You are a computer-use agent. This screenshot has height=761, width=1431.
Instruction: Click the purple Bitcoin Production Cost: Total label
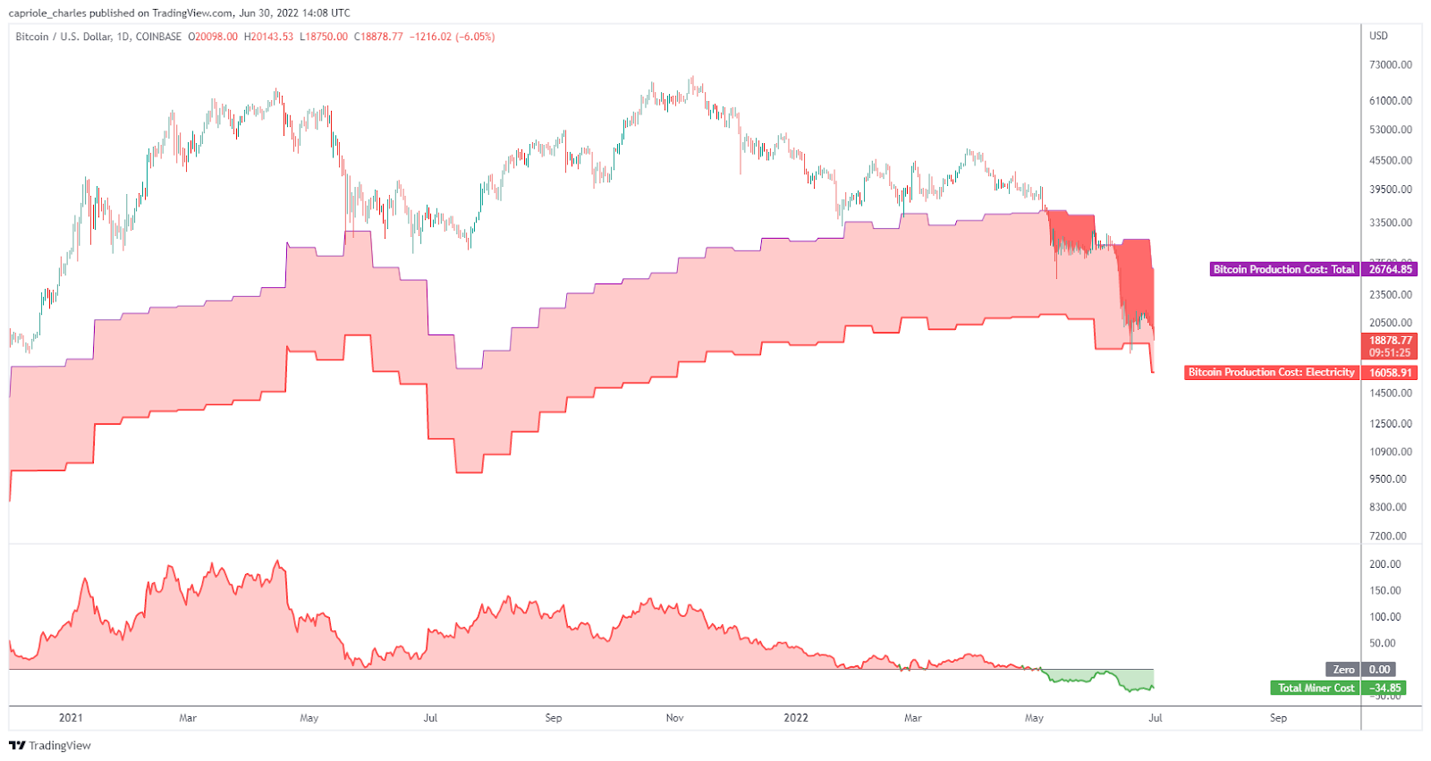point(1283,269)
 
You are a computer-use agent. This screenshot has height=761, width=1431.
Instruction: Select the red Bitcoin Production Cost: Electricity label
point(1271,372)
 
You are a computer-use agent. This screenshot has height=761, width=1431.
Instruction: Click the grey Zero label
point(1343,669)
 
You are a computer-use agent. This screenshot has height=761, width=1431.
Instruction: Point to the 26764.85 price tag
point(1390,269)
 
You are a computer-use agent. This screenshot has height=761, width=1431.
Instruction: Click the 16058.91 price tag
point(1390,373)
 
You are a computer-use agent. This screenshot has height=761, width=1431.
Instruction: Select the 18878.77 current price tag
point(1390,341)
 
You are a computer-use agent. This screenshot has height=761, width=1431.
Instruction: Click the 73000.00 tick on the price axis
point(1390,65)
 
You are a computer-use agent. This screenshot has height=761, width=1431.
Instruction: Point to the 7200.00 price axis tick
point(1388,536)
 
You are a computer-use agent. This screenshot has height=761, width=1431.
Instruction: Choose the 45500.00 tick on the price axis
point(1390,161)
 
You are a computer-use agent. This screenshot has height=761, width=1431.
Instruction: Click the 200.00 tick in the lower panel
point(1384,564)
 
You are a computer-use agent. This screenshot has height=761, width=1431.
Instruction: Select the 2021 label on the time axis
point(71,717)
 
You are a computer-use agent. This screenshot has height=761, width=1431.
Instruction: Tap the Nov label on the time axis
point(675,717)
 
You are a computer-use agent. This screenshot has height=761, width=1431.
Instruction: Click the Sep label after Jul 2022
point(1278,717)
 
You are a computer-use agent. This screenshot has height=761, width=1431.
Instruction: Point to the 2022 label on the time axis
point(795,717)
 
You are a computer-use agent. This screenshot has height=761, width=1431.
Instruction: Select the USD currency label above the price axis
point(1378,36)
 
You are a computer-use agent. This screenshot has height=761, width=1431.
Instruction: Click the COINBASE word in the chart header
point(158,37)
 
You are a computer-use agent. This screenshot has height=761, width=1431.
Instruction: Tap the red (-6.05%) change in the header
point(475,37)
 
